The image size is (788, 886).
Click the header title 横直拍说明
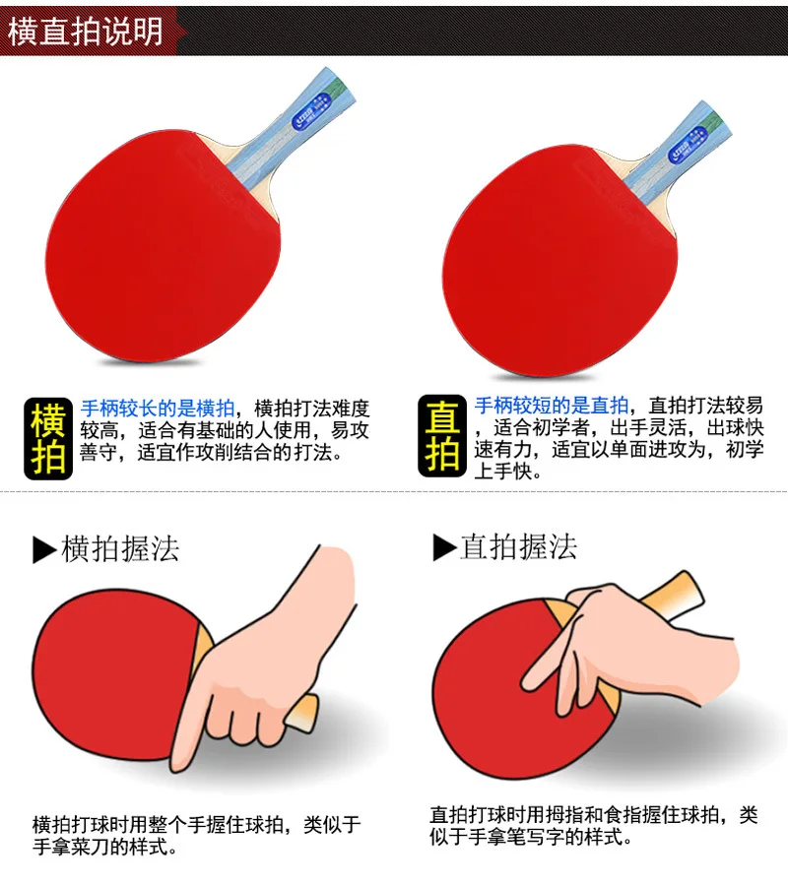point(86,32)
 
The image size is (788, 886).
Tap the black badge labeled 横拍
point(49,437)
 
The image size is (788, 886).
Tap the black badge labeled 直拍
point(441,437)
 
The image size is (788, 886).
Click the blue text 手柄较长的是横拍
point(158,407)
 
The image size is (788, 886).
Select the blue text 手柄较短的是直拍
point(552,406)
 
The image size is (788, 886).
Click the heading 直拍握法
point(518,546)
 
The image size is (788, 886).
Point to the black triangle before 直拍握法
point(443,547)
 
